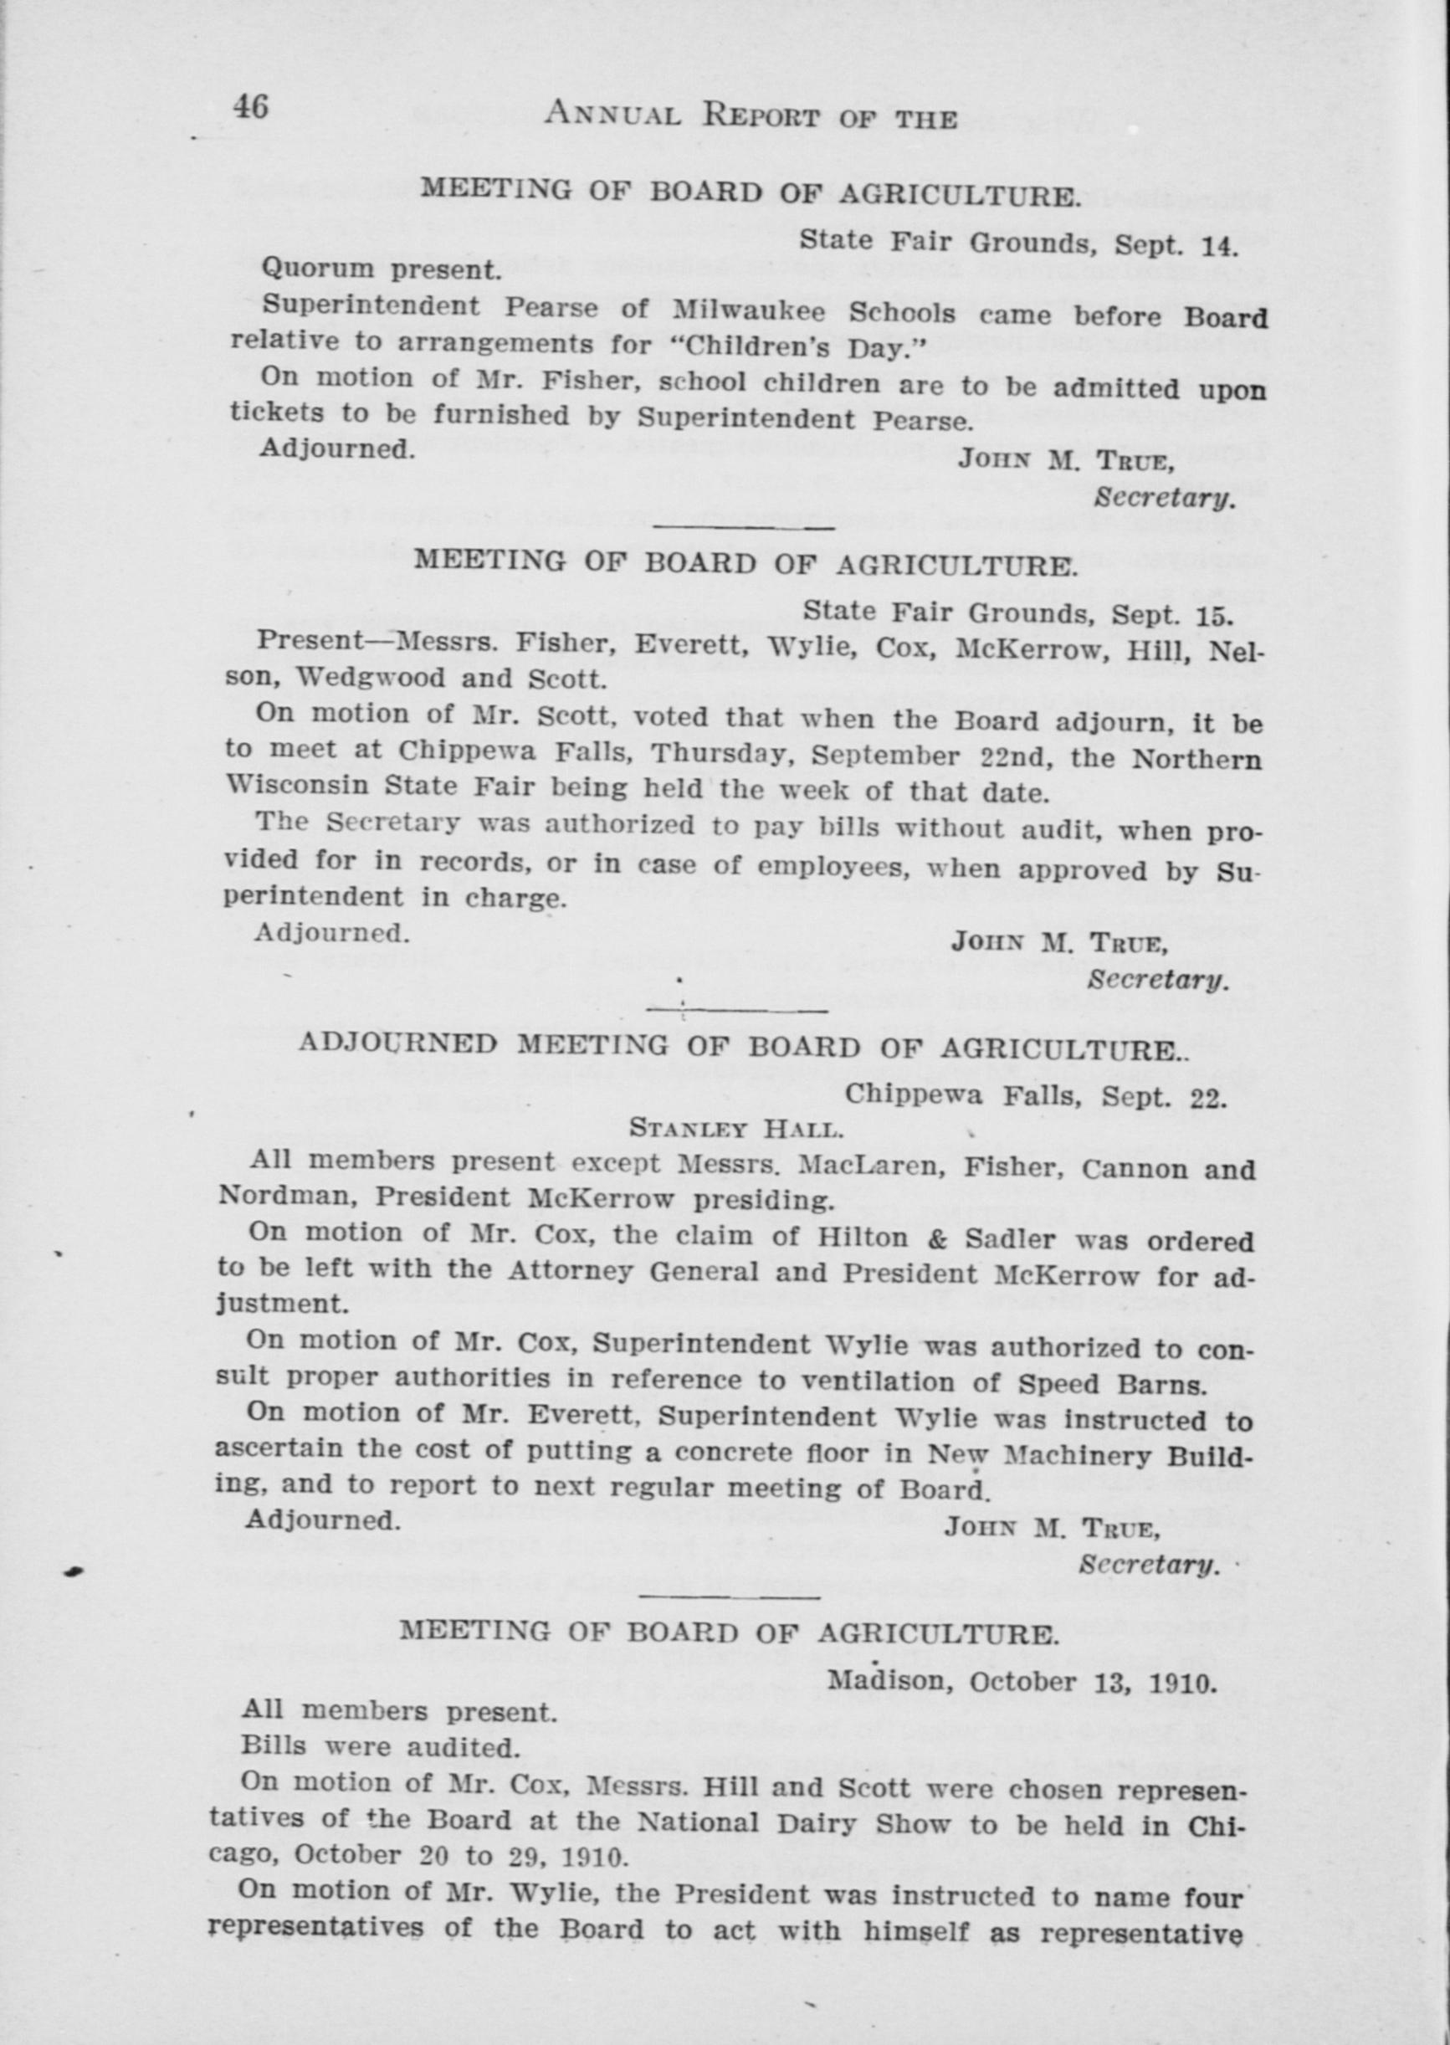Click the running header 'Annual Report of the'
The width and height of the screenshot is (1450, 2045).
click(751, 115)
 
